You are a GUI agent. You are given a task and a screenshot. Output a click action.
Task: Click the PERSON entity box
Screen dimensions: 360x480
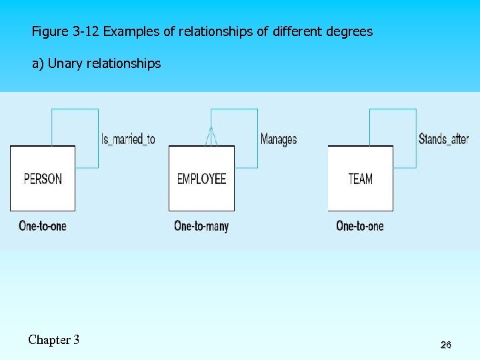coord(43,179)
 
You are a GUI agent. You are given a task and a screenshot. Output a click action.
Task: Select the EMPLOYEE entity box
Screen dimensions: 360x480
coord(201,179)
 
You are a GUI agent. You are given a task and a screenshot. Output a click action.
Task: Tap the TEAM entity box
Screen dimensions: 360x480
coord(360,179)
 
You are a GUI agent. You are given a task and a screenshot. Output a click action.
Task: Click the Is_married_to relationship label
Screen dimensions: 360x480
coord(128,139)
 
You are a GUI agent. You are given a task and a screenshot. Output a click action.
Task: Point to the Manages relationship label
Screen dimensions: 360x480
coord(279,139)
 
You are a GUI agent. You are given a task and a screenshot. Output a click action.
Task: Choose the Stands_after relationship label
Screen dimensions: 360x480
coord(443,139)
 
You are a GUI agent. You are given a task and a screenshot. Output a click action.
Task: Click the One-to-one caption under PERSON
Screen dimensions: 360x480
coord(43,226)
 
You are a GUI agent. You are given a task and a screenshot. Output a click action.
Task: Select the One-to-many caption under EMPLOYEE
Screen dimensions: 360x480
coord(201,226)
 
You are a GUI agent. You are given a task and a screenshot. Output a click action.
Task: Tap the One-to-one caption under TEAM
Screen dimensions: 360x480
coord(360,226)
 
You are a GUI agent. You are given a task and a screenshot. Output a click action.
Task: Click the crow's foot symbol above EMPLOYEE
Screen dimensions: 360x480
coord(211,137)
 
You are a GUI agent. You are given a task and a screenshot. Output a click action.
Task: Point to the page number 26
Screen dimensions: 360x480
coord(446,345)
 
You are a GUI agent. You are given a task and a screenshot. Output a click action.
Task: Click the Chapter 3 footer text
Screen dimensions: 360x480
coord(54,340)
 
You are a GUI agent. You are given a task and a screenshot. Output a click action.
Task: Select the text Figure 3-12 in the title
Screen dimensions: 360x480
coord(66,31)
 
